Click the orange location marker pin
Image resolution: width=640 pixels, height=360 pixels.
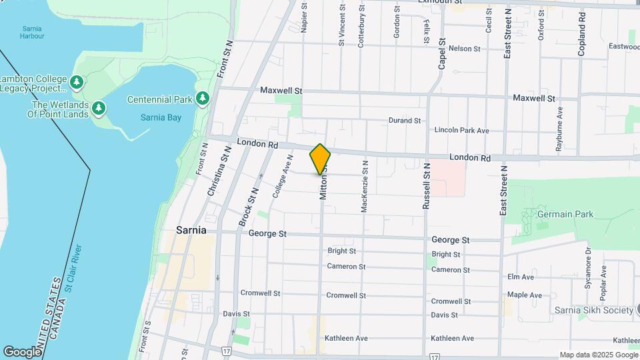point(320,159)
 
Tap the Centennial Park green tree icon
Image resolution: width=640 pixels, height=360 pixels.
point(203,99)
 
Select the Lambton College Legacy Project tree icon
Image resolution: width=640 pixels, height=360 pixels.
point(77,83)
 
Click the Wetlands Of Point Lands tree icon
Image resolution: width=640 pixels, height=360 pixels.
point(99,107)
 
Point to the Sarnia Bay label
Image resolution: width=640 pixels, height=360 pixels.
point(161,117)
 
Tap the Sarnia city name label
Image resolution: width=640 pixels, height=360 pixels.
point(191,231)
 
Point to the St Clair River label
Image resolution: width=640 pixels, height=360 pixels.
point(73,269)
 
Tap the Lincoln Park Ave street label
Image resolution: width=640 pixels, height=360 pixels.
point(461,131)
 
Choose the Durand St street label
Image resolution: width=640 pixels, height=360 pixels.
point(405,121)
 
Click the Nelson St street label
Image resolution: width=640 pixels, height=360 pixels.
point(465,49)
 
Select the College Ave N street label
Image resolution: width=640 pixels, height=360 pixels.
point(283,177)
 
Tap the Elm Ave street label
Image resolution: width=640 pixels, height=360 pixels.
point(521,277)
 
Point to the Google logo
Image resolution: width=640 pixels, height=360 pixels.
point(22,351)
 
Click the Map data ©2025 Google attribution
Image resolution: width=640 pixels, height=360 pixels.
point(598,355)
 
